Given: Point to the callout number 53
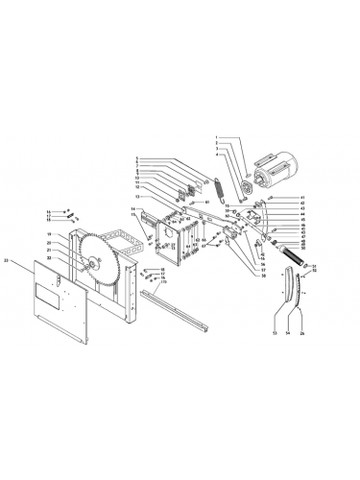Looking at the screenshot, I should click(x=274, y=334).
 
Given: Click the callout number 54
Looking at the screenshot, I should click(x=288, y=334).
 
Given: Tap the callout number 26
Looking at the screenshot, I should click(x=303, y=334).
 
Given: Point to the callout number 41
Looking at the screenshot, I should click(x=275, y=197).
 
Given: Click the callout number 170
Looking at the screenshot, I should click(x=163, y=282).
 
